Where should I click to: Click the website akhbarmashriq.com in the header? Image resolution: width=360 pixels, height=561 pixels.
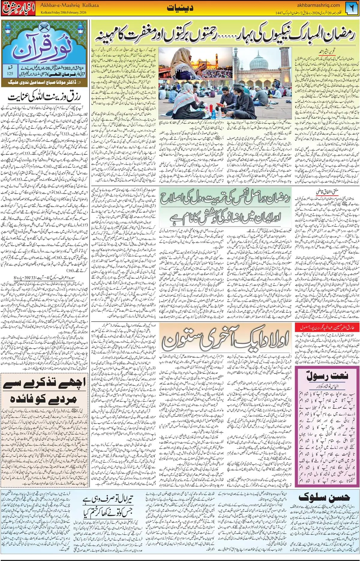(x=318, y=5)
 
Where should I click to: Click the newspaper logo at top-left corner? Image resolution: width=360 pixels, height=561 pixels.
(x=19, y=8)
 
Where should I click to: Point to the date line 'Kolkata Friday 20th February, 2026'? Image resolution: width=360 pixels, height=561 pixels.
(x=64, y=13)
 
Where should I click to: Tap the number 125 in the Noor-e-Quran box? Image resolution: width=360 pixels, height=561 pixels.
(x=10, y=73)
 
